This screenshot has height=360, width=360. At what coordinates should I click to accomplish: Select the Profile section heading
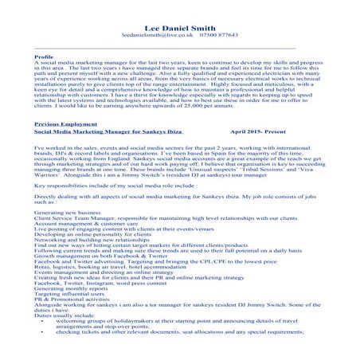pyautogui.click(x=45, y=57)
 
